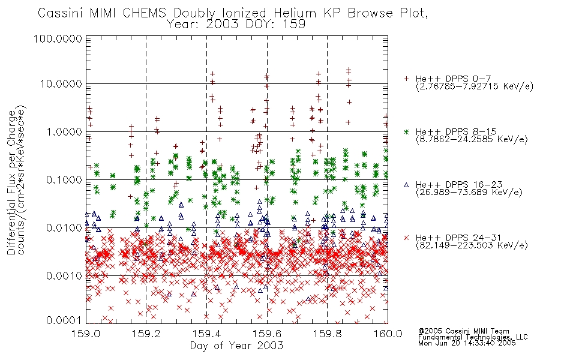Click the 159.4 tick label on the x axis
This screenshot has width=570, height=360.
click(x=206, y=334)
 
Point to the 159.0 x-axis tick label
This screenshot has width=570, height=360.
click(x=86, y=334)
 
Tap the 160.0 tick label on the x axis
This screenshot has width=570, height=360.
click(x=388, y=334)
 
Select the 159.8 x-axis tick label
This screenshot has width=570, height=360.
click(x=327, y=334)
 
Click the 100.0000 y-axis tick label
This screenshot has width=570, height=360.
click(x=58, y=38)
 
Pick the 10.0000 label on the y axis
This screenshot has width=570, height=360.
click(x=61, y=84)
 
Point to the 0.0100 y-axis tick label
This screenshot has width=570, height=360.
click(x=64, y=228)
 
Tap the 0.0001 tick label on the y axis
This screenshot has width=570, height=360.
click(x=64, y=320)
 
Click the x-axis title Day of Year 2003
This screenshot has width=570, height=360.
click(x=236, y=346)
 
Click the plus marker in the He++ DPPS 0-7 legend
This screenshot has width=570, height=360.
click(x=406, y=79)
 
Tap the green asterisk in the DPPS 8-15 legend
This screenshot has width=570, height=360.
click(x=406, y=131)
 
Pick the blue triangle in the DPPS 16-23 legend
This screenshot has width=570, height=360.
click(x=406, y=185)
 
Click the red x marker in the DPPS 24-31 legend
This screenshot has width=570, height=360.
click(x=406, y=238)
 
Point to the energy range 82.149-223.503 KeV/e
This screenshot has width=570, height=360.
click(x=472, y=245)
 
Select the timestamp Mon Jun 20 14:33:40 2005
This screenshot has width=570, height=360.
click(x=467, y=343)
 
